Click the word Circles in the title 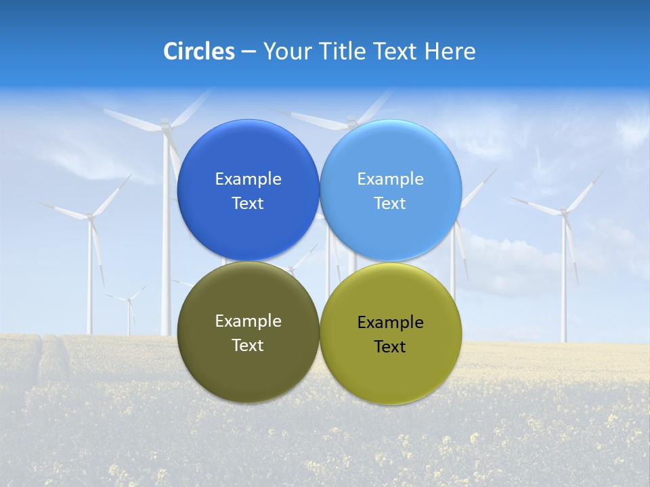click(x=199, y=51)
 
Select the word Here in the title click(x=450, y=51)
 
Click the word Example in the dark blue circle click(x=248, y=179)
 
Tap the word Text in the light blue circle click(x=390, y=204)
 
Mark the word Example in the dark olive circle click(x=248, y=321)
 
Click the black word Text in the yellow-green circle click(x=390, y=347)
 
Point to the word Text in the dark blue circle click(x=248, y=204)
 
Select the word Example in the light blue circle click(x=390, y=179)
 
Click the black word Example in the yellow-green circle click(x=390, y=322)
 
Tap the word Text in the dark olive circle click(x=248, y=346)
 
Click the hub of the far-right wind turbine click(x=563, y=212)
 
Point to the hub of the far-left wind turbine click(x=90, y=216)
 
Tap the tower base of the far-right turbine click(x=563, y=338)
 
